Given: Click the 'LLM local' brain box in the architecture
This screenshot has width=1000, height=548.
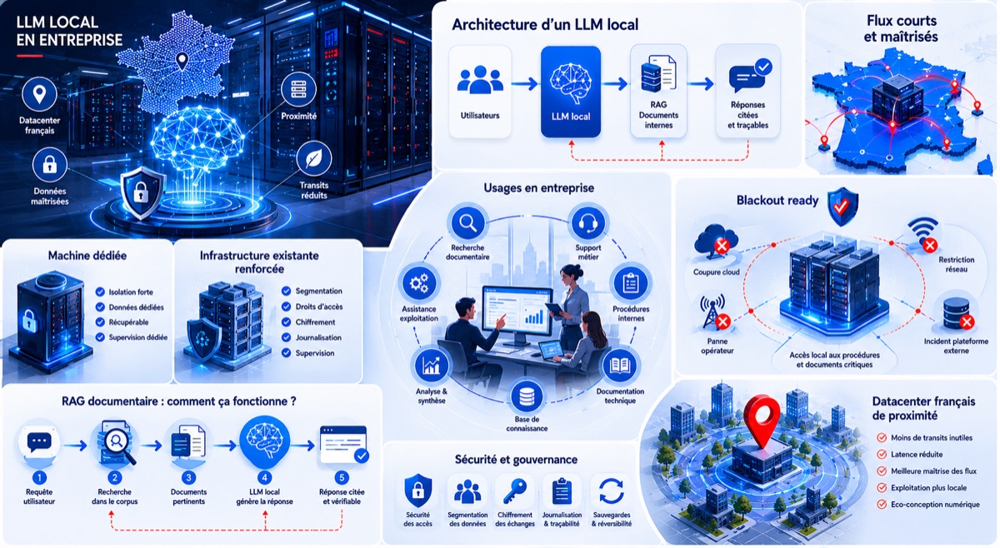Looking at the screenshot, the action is [571, 92].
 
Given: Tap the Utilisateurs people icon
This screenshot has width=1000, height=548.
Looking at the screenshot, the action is [480, 79].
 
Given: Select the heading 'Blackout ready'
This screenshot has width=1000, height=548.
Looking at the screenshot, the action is [777, 201].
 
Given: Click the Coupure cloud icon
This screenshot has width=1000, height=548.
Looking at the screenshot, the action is [716, 241].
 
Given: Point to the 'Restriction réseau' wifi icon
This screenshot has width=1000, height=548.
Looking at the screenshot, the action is [924, 234].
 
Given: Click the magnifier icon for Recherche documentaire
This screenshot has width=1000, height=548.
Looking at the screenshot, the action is [467, 222].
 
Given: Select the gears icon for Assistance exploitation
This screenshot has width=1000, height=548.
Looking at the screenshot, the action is [418, 283].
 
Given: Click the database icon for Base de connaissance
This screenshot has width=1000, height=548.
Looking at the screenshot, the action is [527, 396].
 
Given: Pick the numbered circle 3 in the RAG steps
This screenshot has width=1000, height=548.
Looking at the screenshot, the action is [188, 477].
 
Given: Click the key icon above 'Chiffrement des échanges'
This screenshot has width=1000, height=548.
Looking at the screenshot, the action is [515, 491].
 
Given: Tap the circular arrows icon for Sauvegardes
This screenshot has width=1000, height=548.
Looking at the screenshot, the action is [611, 491].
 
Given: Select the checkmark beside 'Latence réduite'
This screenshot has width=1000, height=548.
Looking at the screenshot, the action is [882, 454].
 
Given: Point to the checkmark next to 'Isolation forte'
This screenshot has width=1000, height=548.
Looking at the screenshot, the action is [100, 291].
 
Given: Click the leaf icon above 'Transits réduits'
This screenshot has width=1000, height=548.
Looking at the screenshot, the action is [314, 158].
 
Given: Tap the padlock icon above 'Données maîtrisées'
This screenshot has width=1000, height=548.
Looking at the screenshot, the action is [49, 165].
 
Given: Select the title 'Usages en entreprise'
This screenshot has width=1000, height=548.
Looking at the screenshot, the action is [539, 188].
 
